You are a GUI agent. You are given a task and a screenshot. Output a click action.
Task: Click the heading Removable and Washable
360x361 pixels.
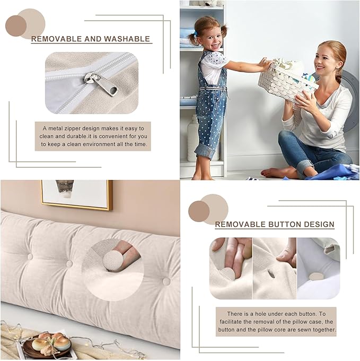point(91,39)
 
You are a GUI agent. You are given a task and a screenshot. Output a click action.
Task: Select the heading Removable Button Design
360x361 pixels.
point(274,225)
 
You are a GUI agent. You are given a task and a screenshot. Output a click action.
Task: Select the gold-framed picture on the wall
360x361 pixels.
point(76,194)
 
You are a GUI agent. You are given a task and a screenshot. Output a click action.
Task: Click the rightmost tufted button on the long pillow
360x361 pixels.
point(166,281)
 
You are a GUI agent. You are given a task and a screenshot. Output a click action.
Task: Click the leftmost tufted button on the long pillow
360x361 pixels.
point(29,257)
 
